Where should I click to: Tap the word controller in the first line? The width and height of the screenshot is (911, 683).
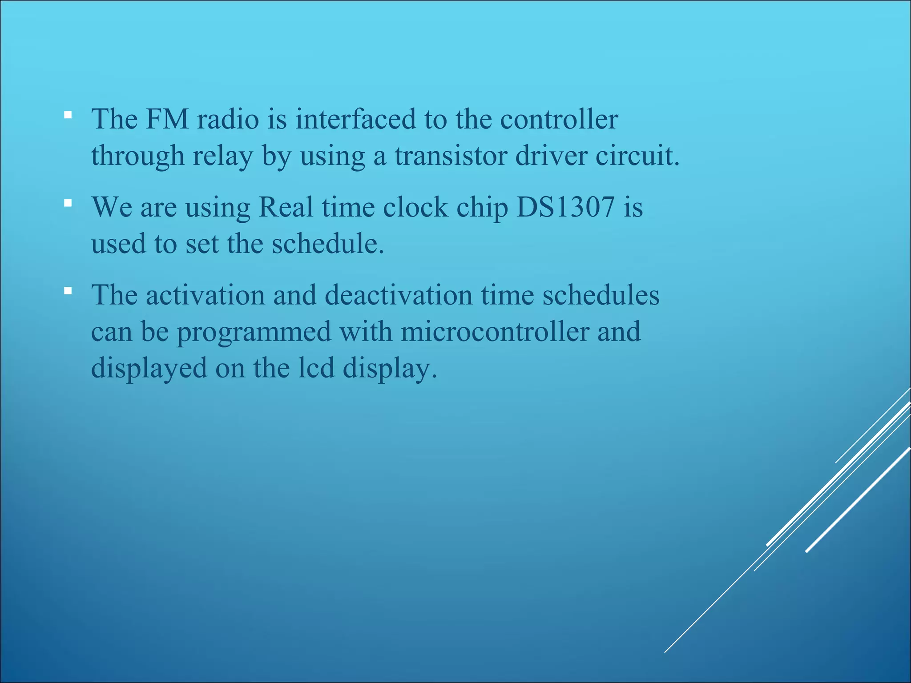pos(559,120)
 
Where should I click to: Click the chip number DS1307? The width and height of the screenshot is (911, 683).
pos(565,208)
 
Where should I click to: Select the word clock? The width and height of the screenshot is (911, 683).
pos(415,208)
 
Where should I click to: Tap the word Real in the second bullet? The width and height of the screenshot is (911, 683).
pos(286,208)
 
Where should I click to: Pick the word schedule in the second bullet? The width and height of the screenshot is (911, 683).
pos(327,244)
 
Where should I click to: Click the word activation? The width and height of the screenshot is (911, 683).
pos(205,295)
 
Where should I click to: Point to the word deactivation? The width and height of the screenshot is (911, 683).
pos(398,295)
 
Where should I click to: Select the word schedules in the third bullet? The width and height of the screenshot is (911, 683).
pos(601,295)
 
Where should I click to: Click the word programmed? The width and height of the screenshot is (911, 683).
pos(254,332)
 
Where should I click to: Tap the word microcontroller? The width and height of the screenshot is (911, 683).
pos(495,332)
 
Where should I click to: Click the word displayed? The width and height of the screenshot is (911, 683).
pos(149,369)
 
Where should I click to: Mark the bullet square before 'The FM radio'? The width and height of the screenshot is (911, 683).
pos(68,116)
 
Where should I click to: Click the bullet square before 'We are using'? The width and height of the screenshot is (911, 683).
pos(68,204)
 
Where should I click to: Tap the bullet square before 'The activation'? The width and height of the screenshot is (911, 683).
pos(68,291)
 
